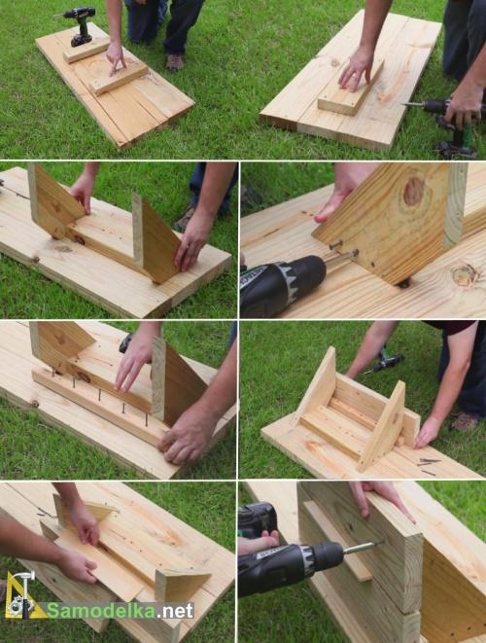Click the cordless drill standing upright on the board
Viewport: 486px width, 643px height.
pyautogui.click(x=80, y=25)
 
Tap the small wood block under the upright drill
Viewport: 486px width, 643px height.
pyautogui.click(x=87, y=50)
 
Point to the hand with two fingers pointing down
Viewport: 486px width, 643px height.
pyautogui.click(x=116, y=59)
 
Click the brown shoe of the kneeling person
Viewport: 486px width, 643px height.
pyautogui.click(x=175, y=62)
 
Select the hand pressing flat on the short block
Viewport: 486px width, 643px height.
pyautogui.click(x=356, y=70)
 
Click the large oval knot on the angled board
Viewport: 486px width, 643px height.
pyautogui.click(x=413, y=191)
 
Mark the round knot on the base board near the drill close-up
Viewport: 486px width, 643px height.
pyautogui.click(x=465, y=274)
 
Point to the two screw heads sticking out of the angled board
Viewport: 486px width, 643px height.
pyautogui.click(x=344, y=249)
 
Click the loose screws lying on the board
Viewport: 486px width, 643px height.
pyautogui.click(x=428, y=466)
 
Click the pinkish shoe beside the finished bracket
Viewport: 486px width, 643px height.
pyautogui.click(x=465, y=421)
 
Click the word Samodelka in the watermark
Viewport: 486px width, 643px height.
pyautogui.click(x=101, y=611)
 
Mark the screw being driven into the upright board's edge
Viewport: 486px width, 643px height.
pyautogui.click(x=362, y=547)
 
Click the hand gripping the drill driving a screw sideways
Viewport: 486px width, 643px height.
pyautogui.click(x=259, y=541)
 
